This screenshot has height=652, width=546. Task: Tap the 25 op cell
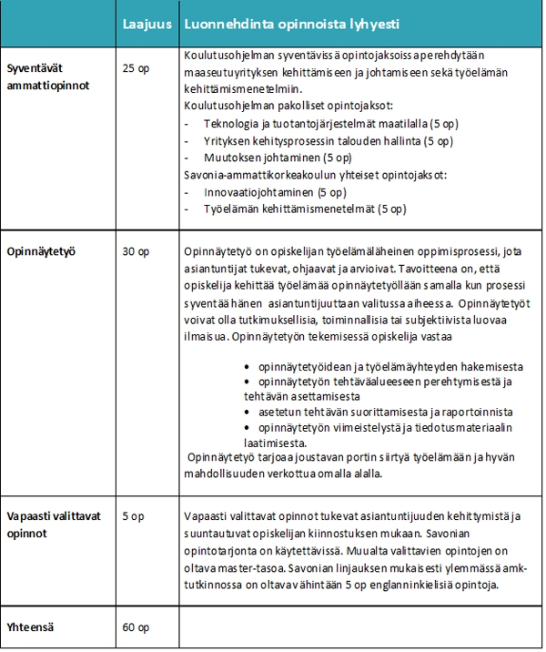[136, 68]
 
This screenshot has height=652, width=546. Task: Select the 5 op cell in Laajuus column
[133, 516]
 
